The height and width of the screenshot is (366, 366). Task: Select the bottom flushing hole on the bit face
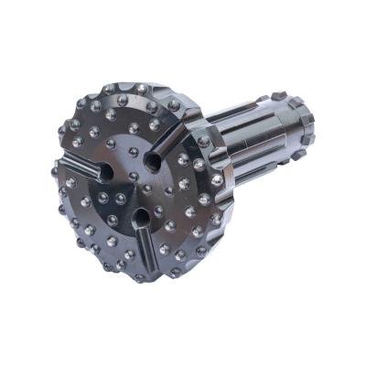140,218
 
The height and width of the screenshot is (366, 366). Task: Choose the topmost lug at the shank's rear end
279,95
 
